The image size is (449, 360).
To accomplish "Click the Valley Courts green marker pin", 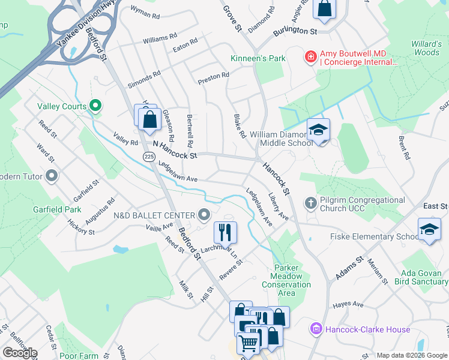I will click(95, 106).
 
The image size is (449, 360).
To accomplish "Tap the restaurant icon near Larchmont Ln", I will click(226, 232).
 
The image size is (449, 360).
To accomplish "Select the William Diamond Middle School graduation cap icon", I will click(319, 130).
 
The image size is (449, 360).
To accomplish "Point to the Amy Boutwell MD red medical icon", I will click(310, 57).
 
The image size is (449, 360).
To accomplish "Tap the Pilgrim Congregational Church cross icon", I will click(310, 203).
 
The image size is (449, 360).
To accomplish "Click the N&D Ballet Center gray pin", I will click(205, 215).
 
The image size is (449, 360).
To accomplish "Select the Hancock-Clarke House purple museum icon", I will click(316, 329).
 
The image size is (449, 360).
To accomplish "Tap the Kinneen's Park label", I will click(258, 58).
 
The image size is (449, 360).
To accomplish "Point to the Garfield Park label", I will click(57, 209).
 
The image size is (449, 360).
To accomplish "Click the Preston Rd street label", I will click(214, 76).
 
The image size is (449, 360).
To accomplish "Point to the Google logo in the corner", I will click(20, 353).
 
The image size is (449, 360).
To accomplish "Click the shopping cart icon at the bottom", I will click(247, 343).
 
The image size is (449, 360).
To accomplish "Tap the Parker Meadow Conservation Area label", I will click(287, 280).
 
